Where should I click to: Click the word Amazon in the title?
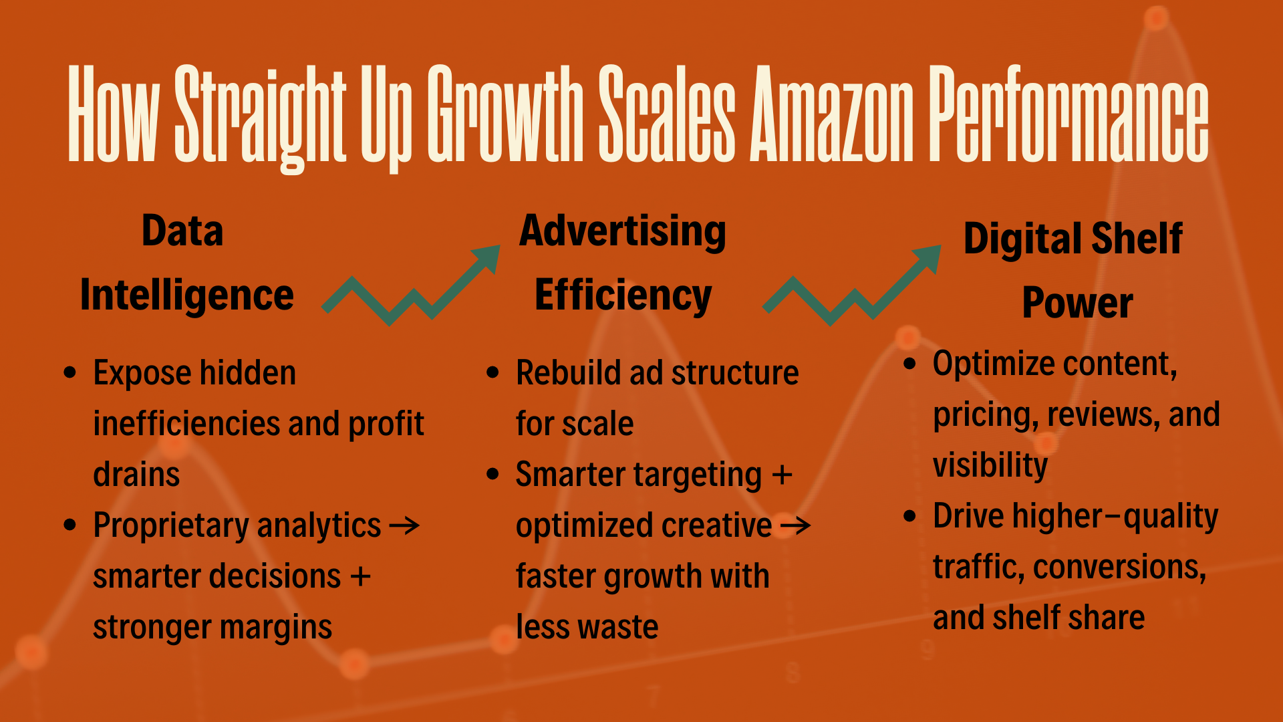[832, 114]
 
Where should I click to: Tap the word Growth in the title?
[506, 114]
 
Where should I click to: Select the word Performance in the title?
[1069, 114]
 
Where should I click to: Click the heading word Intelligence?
[186, 295]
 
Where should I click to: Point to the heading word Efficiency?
[623, 295]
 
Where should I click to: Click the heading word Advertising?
[623, 231]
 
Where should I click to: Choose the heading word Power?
[1077, 303]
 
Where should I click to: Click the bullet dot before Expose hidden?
[70, 372]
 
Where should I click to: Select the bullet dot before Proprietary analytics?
[70, 525]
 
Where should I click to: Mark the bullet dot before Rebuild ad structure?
[493, 372]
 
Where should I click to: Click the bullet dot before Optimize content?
[909, 364]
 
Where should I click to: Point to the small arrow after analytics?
[404, 526]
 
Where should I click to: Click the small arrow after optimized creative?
[796, 526]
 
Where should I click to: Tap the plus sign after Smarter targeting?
[782, 475]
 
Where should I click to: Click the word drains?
[136, 475]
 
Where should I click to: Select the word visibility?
[990, 466]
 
